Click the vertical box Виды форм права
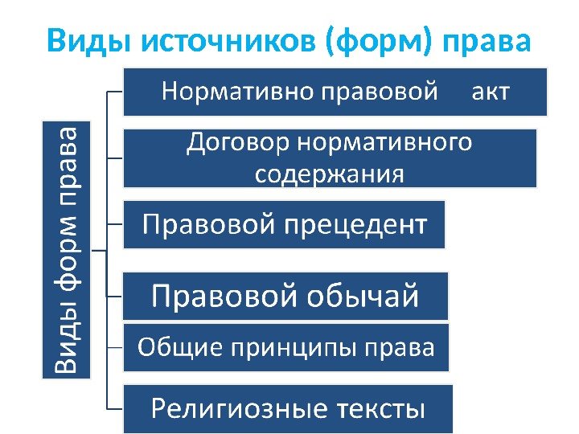point(66,249)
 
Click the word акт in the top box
point(489,91)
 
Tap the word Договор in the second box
point(239,144)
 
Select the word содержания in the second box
point(330,174)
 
